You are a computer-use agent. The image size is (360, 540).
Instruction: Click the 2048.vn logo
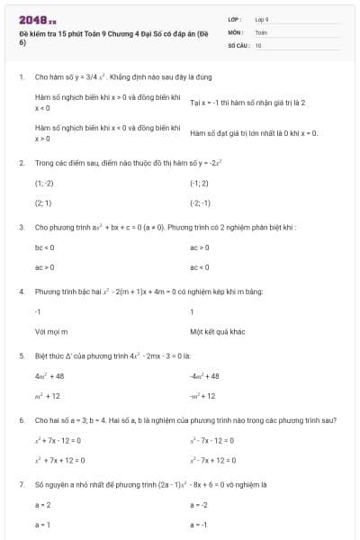(x=38, y=19)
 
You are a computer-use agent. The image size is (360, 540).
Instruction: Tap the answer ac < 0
(x=199, y=267)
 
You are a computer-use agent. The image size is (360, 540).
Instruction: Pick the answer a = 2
(x=42, y=505)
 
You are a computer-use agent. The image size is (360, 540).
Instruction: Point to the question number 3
(x=21, y=227)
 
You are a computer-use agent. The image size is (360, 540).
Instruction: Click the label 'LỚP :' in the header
(x=236, y=19)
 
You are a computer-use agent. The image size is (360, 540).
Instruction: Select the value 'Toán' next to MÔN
(x=261, y=31)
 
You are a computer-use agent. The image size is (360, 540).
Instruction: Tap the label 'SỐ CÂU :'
(x=238, y=44)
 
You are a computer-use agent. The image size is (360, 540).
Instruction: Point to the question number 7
(x=21, y=484)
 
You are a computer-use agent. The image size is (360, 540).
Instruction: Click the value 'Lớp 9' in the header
(x=262, y=19)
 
